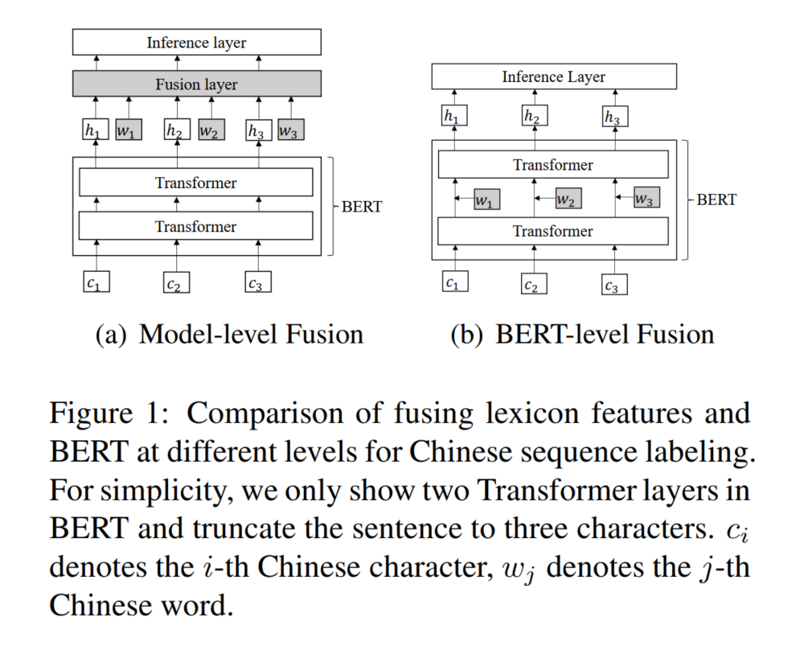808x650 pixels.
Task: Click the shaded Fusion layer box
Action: (x=196, y=84)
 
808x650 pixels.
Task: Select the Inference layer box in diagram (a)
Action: (x=196, y=42)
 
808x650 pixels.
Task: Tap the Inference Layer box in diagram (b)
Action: (x=553, y=77)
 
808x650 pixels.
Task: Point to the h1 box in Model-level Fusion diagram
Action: (x=95, y=130)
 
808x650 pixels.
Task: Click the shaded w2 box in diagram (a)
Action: (x=211, y=130)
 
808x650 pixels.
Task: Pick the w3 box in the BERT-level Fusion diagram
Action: (x=646, y=198)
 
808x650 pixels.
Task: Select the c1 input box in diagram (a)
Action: (x=96, y=282)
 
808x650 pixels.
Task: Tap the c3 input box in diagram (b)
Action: (x=613, y=285)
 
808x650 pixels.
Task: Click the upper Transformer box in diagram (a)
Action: (x=195, y=183)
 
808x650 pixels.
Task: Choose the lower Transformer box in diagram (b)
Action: (x=553, y=232)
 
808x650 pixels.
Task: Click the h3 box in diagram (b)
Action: (x=613, y=117)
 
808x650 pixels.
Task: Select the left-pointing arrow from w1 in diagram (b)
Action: (x=463, y=198)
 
